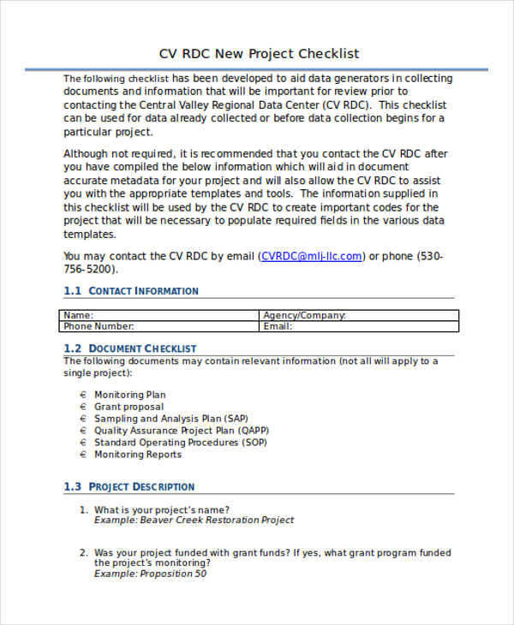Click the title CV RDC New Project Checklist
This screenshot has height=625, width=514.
pyautogui.click(x=259, y=53)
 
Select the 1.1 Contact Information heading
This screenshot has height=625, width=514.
pyautogui.click(x=131, y=291)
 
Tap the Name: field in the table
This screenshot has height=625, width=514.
pyautogui.click(x=79, y=315)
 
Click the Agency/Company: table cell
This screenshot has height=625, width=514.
pyautogui.click(x=304, y=315)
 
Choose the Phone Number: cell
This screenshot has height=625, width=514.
pyautogui.click(x=99, y=326)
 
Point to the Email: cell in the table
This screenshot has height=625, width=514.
pyautogui.click(x=278, y=326)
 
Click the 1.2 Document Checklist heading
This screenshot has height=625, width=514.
pyautogui.click(x=130, y=348)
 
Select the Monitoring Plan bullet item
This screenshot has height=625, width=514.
pyautogui.click(x=129, y=395)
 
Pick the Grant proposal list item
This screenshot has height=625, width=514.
pyautogui.click(x=128, y=407)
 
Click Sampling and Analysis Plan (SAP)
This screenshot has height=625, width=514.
pyautogui.click(x=159, y=419)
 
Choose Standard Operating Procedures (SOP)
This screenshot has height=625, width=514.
pyautogui.click(x=180, y=443)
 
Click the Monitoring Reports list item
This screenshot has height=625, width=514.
pyautogui.click(x=137, y=455)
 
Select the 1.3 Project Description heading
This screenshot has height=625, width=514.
pyautogui.click(x=129, y=486)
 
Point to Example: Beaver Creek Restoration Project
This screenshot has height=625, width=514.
pyautogui.click(x=194, y=520)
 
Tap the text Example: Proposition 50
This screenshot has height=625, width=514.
pyautogui.click(x=150, y=574)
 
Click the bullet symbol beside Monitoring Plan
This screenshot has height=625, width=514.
pyautogui.click(x=83, y=395)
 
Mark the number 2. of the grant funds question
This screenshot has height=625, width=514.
pyautogui.click(x=84, y=553)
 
